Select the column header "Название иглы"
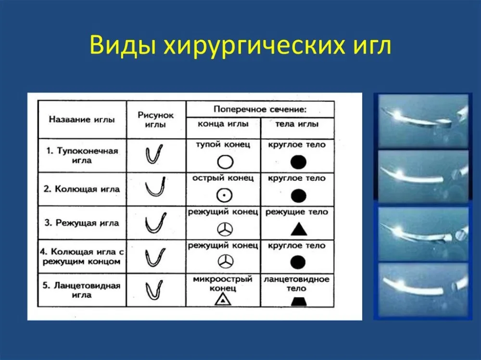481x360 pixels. click(x=82, y=119)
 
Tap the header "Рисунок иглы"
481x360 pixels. click(x=155, y=120)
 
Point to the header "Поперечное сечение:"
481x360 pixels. click(x=260, y=110)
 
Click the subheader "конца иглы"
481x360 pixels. click(x=223, y=124)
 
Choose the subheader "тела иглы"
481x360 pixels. click(x=297, y=124)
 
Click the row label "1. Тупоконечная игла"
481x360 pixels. click(x=82, y=155)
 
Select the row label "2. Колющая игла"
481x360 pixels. click(x=82, y=189)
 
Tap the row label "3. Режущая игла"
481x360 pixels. click(x=82, y=223)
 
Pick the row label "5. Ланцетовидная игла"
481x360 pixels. click(x=82, y=290)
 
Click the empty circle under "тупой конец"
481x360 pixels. click(x=225, y=162)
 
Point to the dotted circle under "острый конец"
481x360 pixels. click(x=224, y=195)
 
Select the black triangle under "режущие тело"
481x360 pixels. click(x=299, y=229)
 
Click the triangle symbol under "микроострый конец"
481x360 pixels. click(x=223, y=299)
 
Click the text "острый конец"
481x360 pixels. click(x=223, y=178)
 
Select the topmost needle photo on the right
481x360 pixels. click(x=423, y=122)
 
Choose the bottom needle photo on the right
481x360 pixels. click(x=423, y=290)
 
